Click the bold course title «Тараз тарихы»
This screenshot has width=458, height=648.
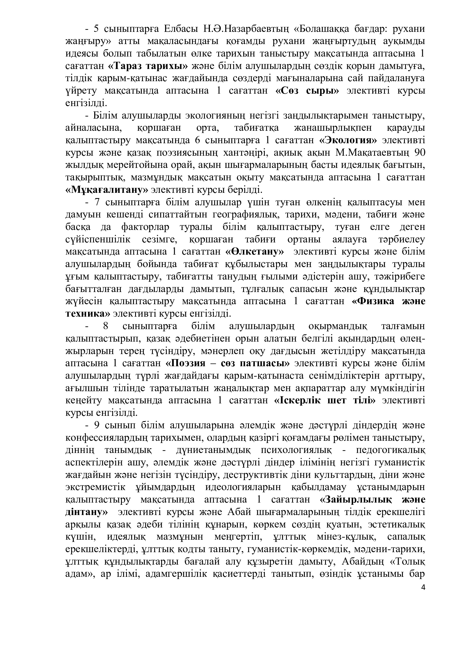[148, 66]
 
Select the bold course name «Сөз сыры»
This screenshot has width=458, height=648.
[307, 91]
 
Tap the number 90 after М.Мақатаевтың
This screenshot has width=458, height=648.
[420, 153]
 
